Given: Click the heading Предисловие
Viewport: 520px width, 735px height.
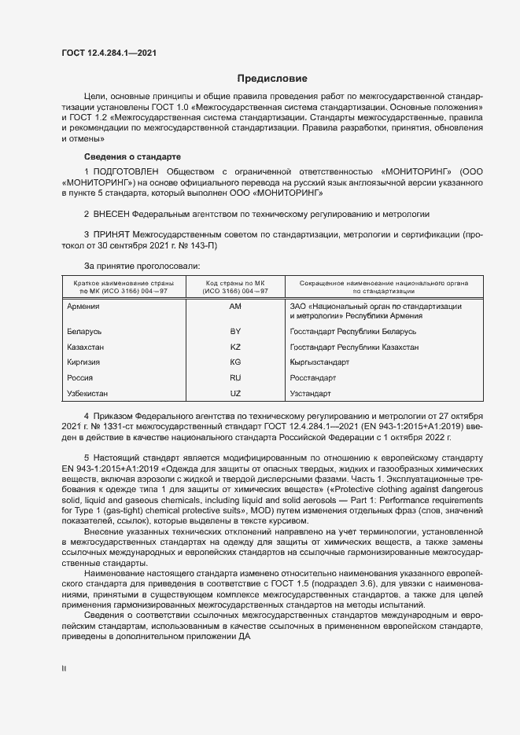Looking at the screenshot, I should [x=272, y=79].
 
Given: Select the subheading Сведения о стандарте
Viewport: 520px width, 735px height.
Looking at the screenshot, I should [x=132, y=157].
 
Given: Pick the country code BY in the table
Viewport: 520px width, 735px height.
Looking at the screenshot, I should [x=235, y=332].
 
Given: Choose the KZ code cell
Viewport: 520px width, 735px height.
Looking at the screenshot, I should [x=235, y=347].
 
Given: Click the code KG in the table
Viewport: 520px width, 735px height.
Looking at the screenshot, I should [x=235, y=362].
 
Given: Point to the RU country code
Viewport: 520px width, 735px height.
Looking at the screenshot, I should [x=235, y=377].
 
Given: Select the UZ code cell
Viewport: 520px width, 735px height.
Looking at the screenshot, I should [x=235, y=392].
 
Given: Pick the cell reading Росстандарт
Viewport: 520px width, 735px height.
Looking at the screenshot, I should [x=314, y=377].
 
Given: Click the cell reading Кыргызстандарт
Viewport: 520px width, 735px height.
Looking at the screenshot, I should [x=319, y=362].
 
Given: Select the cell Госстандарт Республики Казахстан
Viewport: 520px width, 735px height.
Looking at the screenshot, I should [x=354, y=347].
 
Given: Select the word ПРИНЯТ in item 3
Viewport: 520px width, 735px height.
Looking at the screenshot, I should [x=112, y=235].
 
